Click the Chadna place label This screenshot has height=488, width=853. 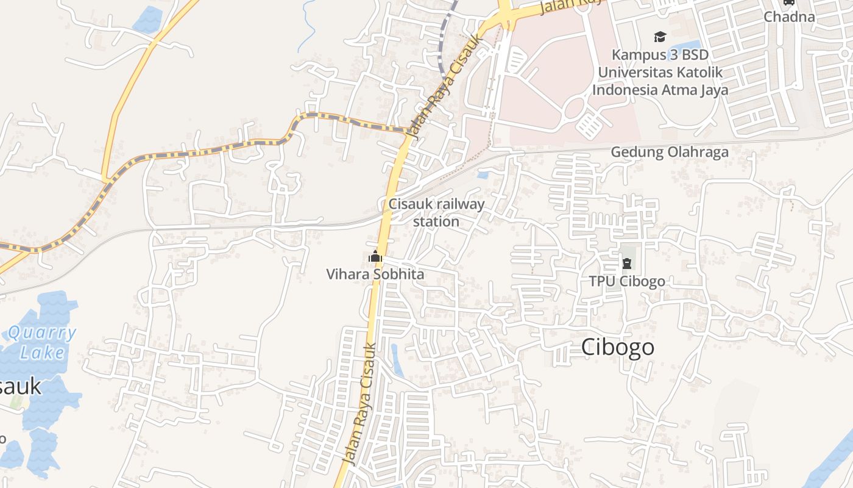click(789, 16)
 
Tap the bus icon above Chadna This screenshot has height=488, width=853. click(789, 2)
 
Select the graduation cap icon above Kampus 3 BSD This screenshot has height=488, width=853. click(660, 37)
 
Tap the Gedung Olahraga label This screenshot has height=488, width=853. click(670, 152)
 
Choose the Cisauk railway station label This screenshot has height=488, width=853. click(436, 212)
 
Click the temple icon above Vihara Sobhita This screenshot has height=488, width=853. click(375, 257)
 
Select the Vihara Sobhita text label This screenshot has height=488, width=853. click(375, 274)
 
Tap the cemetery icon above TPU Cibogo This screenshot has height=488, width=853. click(626, 264)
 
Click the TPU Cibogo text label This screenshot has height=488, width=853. click(626, 281)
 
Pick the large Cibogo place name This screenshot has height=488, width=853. click(617, 347)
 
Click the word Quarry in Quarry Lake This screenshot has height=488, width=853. click(43, 334)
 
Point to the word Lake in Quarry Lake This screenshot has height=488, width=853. click(42, 353)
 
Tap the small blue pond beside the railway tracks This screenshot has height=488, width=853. click(483, 175)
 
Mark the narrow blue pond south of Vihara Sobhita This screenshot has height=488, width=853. click(397, 360)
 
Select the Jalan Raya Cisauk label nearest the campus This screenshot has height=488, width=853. click(447, 85)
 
